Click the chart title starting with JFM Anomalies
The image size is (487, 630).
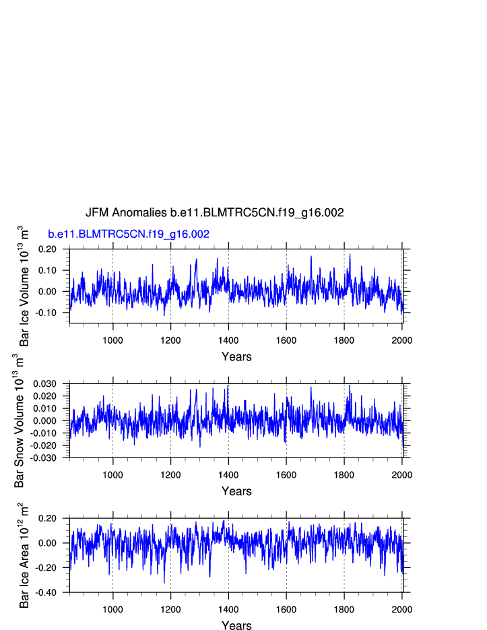click(x=214, y=212)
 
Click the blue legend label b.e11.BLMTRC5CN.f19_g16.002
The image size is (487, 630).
click(x=128, y=234)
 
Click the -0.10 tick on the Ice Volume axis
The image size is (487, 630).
click(x=47, y=313)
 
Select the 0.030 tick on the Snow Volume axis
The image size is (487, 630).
click(x=46, y=384)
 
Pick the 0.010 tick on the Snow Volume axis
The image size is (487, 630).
click(x=46, y=408)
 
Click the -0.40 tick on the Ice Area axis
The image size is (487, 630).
click(x=47, y=592)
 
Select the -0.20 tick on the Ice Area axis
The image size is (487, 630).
click(x=47, y=567)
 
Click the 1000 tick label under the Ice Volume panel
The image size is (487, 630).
click(x=112, y=340)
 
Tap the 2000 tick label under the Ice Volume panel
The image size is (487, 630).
click(x=402, y=340)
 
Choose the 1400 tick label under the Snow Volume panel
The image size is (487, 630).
click(x=228, y=474)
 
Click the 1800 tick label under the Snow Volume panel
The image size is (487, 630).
click(x=344, y=474)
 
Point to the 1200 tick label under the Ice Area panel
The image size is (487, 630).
click(x=170, y=609)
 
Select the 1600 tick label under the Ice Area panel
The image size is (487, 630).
click(x=286, y=609)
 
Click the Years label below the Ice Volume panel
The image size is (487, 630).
click(x=236, y=356)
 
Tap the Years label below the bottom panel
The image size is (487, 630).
click(x=236, y=626)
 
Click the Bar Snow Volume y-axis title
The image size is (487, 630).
click(x=21, y=421)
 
